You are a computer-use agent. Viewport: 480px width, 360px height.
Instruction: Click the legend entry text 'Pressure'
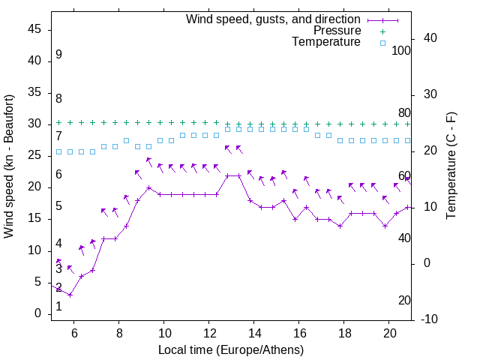pos(337,31)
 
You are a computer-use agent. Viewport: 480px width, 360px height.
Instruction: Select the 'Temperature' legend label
pos(326,42)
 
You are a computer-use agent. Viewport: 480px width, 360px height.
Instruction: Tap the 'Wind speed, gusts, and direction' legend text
pos(274,19)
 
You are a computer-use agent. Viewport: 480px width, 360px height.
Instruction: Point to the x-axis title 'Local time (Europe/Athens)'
pos(231,350)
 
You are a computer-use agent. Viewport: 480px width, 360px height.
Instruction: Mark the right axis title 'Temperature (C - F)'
pos(451,166)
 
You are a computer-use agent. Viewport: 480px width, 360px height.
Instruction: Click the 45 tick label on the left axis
pos(33,29)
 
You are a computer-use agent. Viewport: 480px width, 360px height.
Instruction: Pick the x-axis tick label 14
pos(254,333)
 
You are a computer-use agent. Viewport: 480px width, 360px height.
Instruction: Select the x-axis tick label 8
pos(118,333)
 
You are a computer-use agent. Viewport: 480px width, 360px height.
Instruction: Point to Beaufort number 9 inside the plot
pos(58,55)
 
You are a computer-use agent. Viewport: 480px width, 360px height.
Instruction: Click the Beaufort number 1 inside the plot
pos(58,307)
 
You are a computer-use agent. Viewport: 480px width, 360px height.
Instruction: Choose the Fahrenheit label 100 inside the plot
pos(401,50)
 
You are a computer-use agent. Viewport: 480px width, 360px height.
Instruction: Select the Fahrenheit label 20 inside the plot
pos(404,300)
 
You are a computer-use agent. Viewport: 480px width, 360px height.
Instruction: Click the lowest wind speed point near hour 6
pos(70,295)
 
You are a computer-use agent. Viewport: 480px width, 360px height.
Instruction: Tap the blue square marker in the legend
pos(382,43)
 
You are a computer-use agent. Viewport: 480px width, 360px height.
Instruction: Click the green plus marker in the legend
pos(382,31)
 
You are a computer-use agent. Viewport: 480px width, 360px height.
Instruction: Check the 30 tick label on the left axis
pos(33,124)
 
